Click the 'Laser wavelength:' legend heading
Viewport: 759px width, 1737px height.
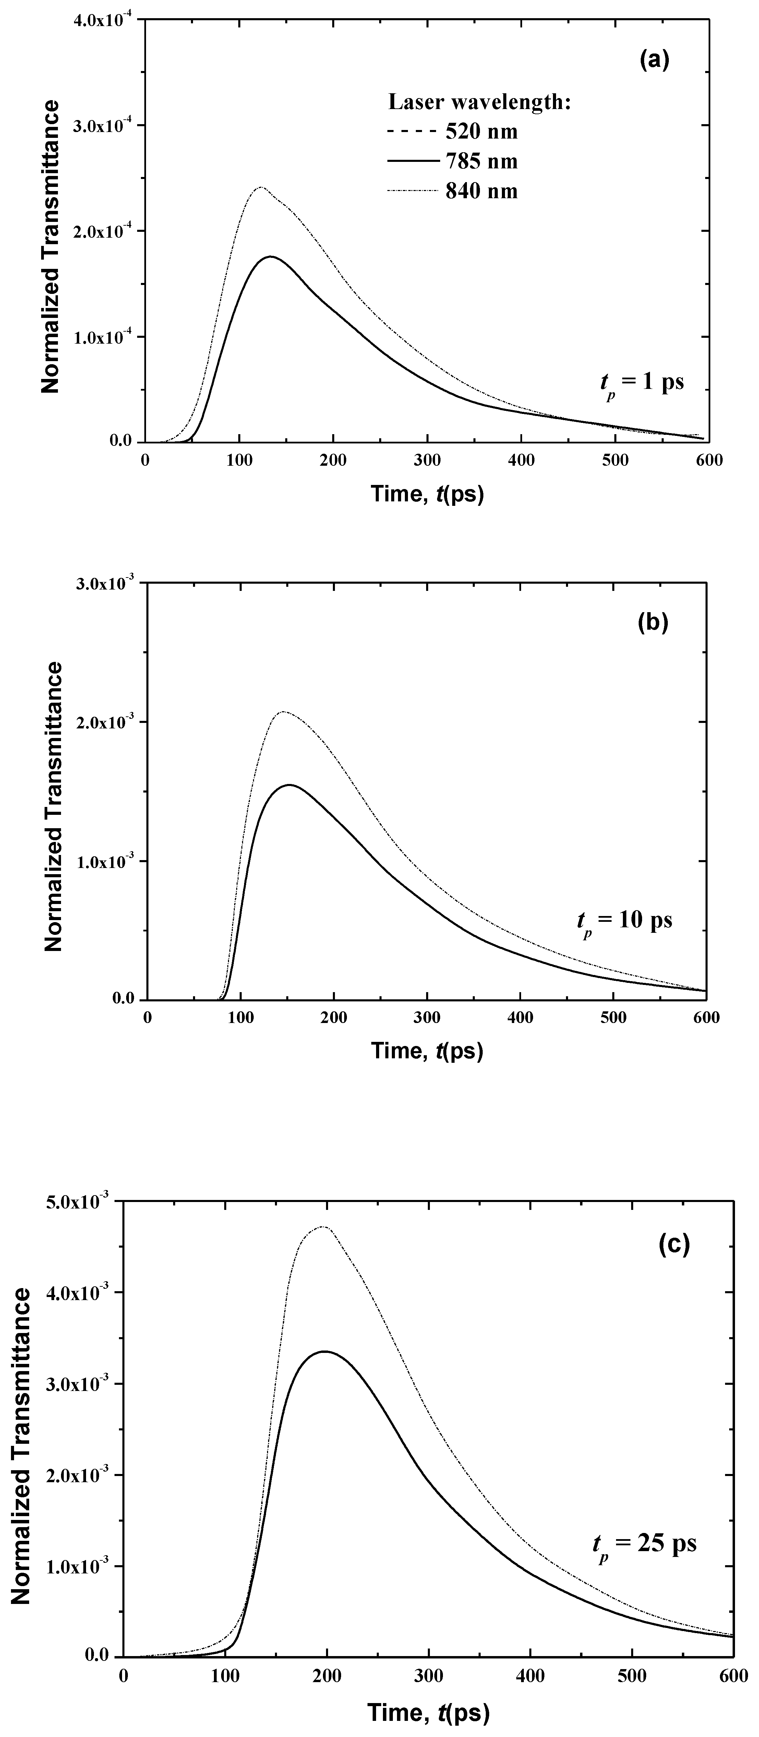click(480, 102)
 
